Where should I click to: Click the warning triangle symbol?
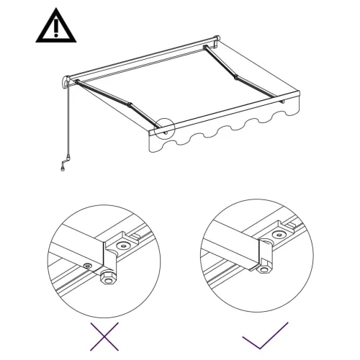[54, 27]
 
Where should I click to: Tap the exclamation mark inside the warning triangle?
[54, 30]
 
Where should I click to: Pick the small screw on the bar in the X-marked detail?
[87, 266]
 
